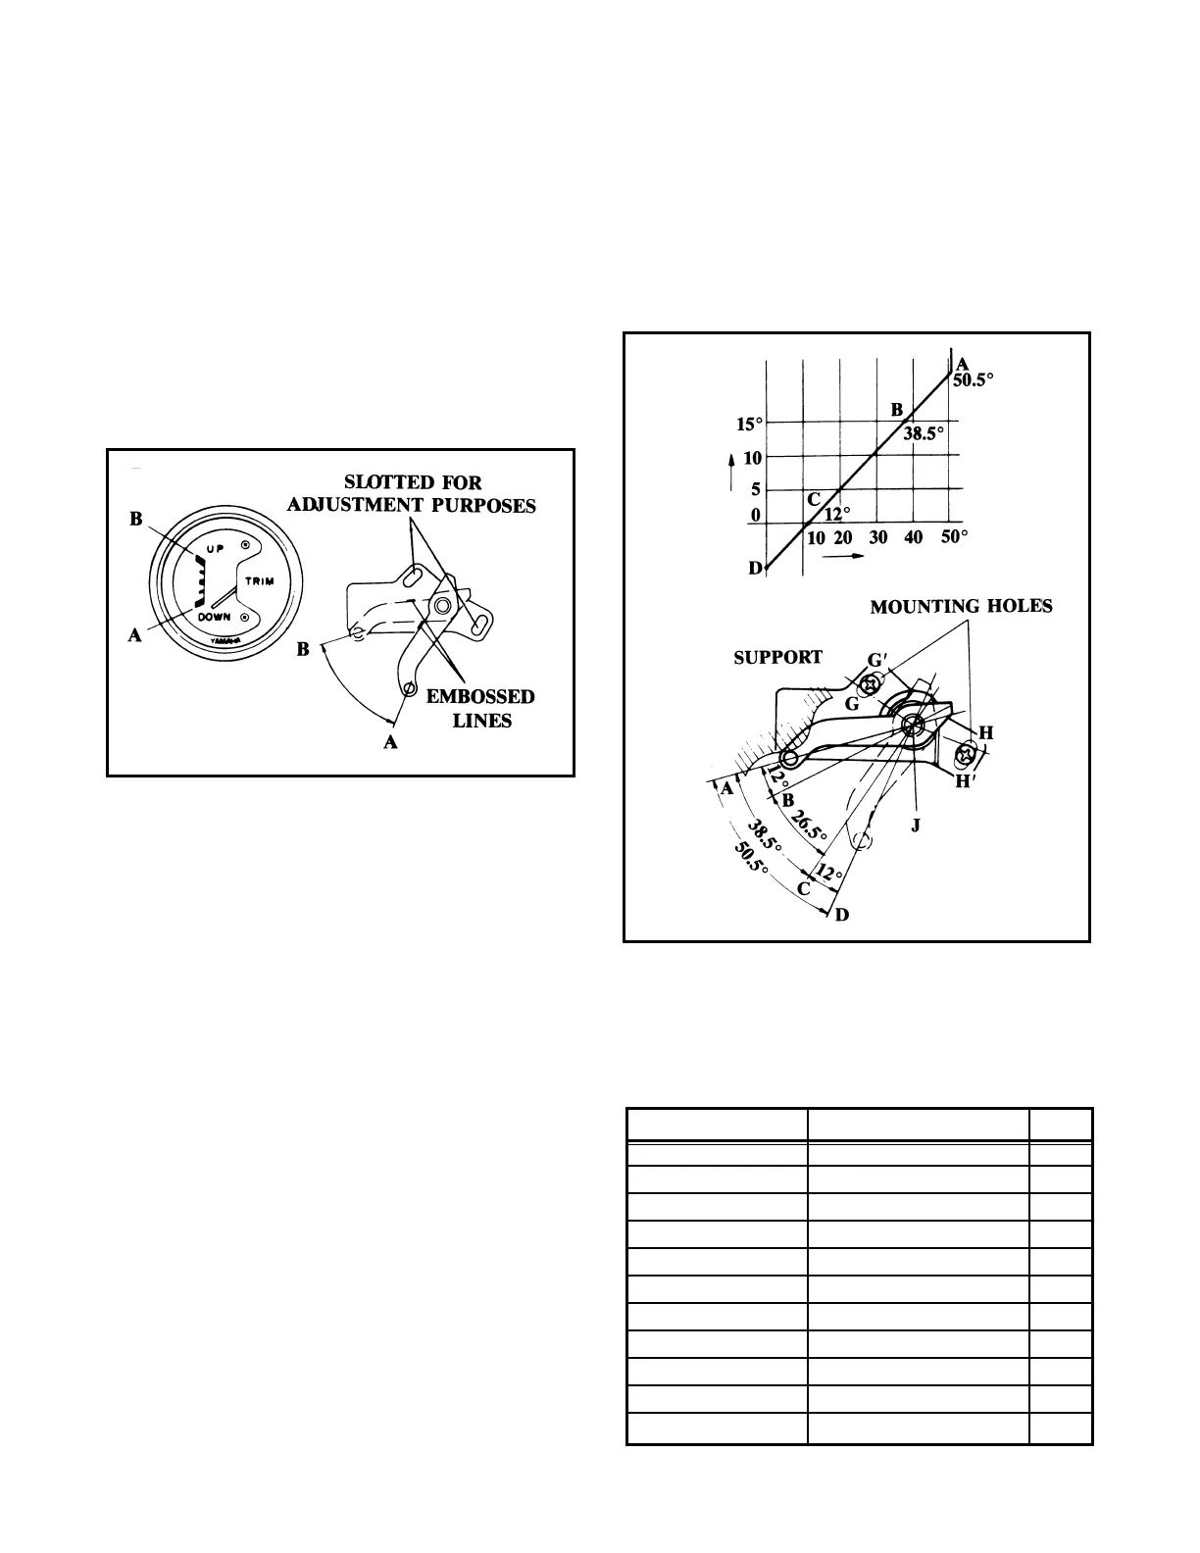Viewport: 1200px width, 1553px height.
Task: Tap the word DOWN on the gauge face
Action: pyautogui.click(x=217, y=618)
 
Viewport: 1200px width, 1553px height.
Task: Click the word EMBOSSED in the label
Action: pyautogui.click(x=480, y=697)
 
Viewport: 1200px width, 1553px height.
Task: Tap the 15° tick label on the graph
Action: pyautogui.click(x=749, y=425)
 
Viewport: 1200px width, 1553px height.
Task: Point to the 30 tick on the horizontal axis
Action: pyautogui.click(x=878, y=537)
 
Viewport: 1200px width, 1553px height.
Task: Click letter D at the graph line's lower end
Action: pyautogui.click(x=755, y=569)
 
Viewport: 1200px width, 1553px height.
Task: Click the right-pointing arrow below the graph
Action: pyautogui.click(x=844, y=556)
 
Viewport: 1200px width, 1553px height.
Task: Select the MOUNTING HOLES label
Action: pyautogui.click(x=961, y=607)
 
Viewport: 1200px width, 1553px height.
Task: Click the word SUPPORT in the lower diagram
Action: pyautogui.click(x=778, y=658)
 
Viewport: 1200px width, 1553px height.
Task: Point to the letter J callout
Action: pyautogui.click(x=916, y=825)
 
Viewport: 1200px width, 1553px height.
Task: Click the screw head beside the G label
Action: pyautogui.click(x=869, y=686)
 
